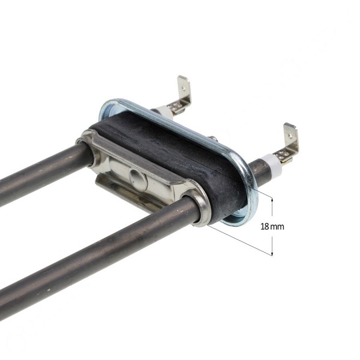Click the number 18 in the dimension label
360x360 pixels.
(265, 227)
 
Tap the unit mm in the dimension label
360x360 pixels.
(277, 227)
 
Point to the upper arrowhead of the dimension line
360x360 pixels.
(272, 200)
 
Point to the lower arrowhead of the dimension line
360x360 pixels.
(272, 253)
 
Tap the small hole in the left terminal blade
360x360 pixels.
(184, 87)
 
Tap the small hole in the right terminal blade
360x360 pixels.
(290, 136)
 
